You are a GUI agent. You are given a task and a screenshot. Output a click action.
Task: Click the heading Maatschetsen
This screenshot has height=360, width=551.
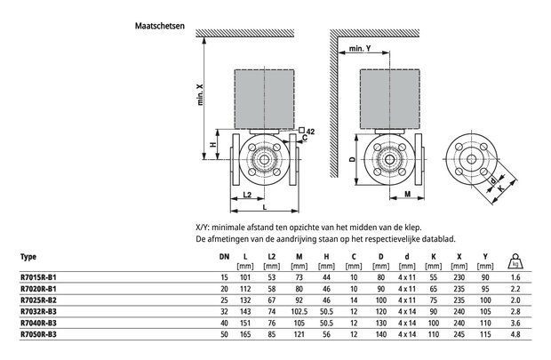click(x=160, y=26)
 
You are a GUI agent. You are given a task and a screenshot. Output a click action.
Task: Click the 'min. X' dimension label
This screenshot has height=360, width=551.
click(x=200, y=94)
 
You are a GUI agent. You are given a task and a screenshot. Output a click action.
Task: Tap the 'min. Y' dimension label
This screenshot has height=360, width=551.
click(x=360, y=49)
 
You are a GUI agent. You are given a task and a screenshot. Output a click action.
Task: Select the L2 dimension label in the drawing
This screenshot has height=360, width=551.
click(x=247, y=195)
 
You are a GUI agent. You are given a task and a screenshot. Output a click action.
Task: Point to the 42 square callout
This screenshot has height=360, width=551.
click(x=307, y=131)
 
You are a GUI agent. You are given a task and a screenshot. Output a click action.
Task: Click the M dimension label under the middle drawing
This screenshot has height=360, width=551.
click(x=408, y=194)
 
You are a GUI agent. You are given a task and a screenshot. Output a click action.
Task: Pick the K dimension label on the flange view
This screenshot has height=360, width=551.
click(x=501, y=188)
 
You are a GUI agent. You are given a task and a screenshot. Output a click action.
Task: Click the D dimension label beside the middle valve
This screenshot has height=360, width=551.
click(x=352, y=159)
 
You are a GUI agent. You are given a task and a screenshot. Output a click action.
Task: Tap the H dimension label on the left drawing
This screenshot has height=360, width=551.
click(x=213, y=145)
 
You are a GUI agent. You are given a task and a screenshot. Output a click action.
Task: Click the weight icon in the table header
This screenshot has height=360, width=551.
click(x=515, y=261)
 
